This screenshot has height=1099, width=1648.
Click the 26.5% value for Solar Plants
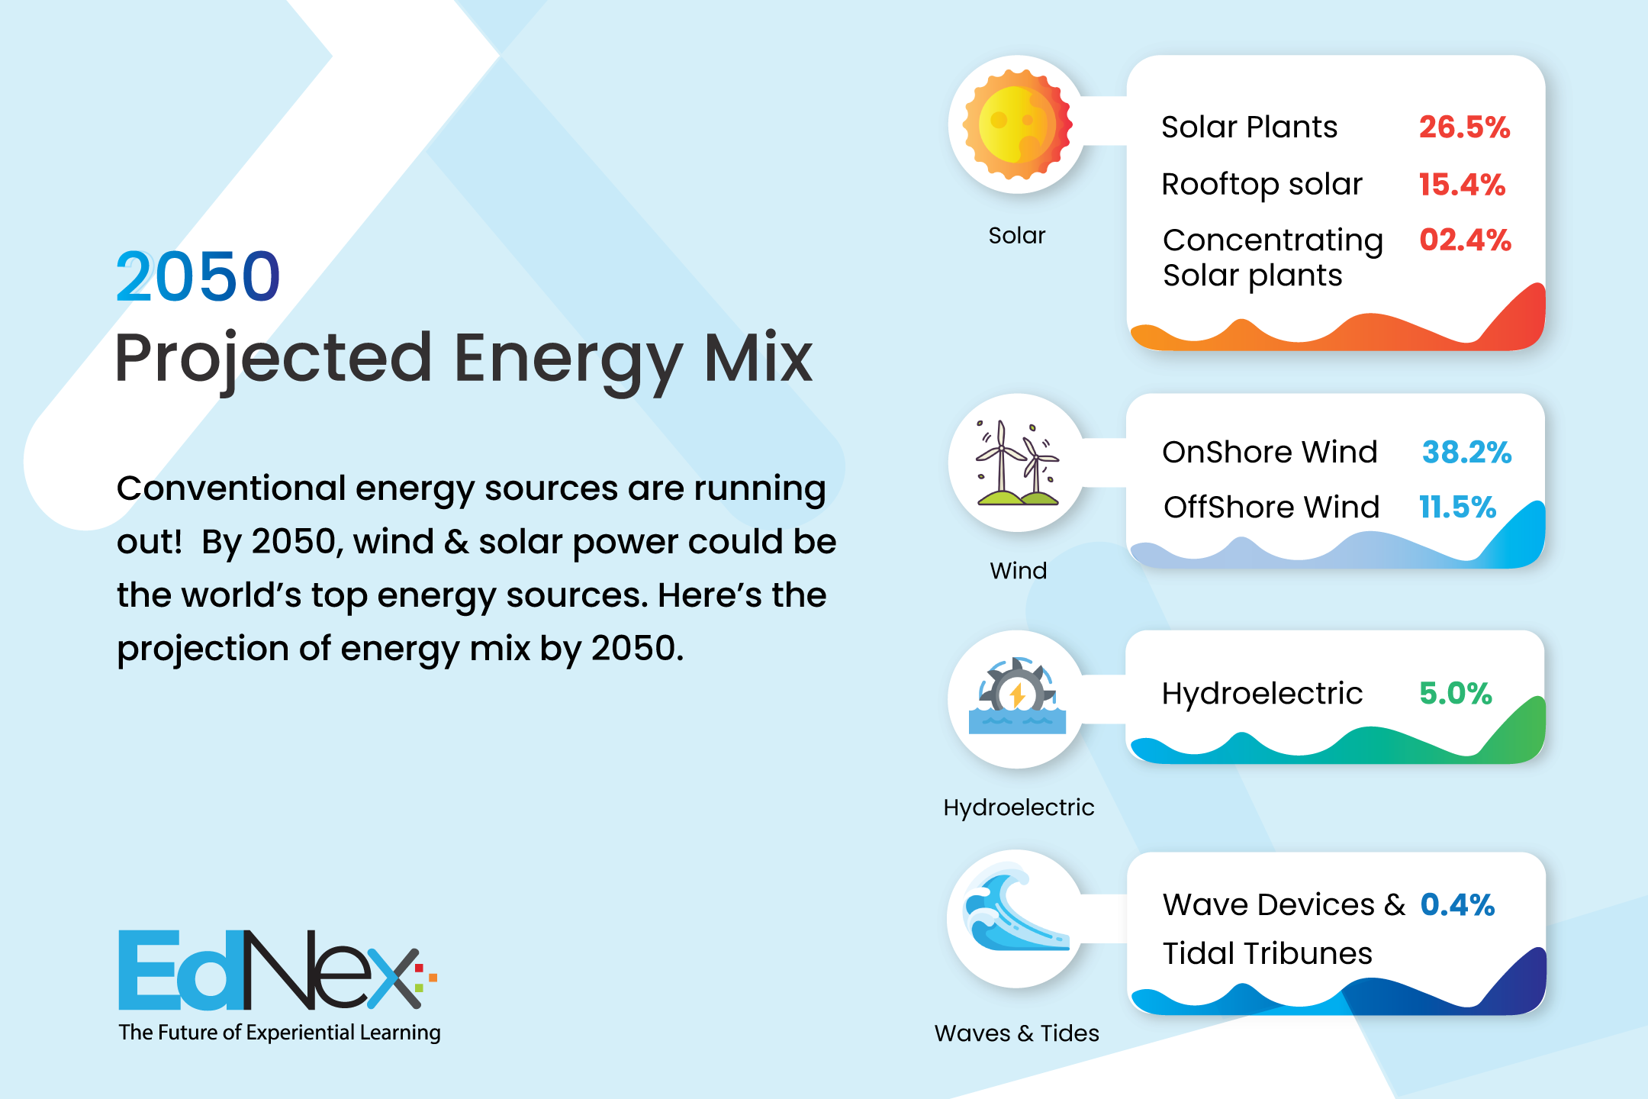click(x=1464, y=127)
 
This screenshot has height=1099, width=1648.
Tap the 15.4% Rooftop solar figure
click(x=1462, y=184)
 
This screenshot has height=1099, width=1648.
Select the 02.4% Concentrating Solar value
click(x=1465, y=240)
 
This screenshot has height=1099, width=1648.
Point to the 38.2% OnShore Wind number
click(x=1466, y=452)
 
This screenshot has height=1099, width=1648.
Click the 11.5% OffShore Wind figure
click(x=1457, y=507)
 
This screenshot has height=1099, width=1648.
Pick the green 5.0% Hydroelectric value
click(x=1455, y=693)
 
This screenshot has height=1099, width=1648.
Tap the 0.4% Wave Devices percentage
click(x=1457, y=904)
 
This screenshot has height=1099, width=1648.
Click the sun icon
click(x=1017, y=124)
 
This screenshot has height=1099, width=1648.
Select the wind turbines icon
click(x=1017, y=462)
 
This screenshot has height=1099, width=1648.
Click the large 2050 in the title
click(x=198, y=276)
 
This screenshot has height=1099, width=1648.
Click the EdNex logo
click(x=278, y=969)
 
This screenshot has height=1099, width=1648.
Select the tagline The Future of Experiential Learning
click(x=279, y=1033)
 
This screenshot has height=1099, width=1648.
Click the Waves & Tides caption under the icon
click(x=1017, y=1033)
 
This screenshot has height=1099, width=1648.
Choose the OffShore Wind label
click(x=1271, y=507)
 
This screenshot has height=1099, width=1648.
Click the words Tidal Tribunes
click(x=1267, y=953)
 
